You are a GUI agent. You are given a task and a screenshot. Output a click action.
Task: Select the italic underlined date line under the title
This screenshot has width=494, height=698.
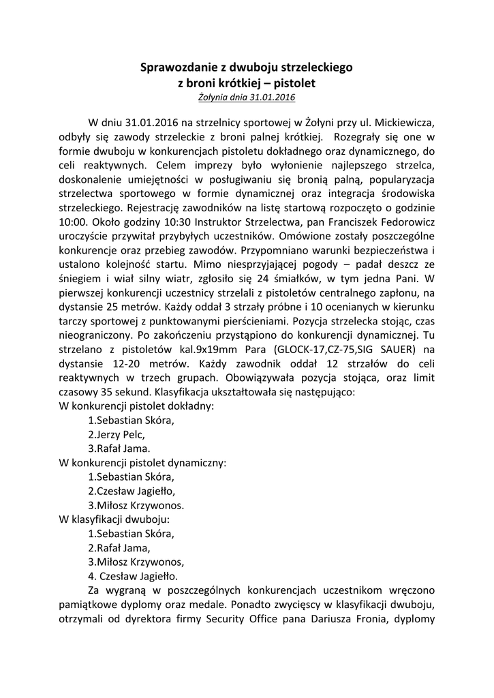[247, 97]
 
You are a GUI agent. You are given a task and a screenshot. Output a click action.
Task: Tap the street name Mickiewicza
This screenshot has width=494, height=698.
[403, 122]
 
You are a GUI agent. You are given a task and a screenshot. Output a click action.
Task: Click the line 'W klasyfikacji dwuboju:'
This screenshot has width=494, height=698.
[110, 519]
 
